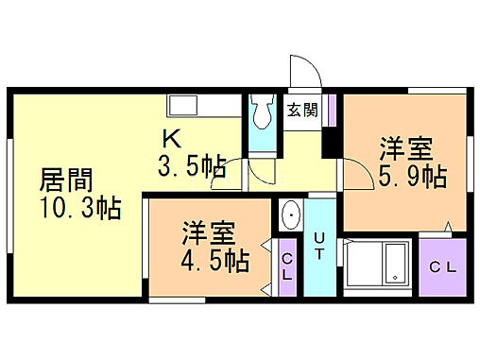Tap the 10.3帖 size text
[79, 208]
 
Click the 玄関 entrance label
[302, 111]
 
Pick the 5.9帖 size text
[413, 175]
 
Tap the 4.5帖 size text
[215, 259]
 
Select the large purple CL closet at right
[443, 266]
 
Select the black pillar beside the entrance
[331, 142]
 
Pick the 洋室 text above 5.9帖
[407, 148]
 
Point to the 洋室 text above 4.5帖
[209, 232]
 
